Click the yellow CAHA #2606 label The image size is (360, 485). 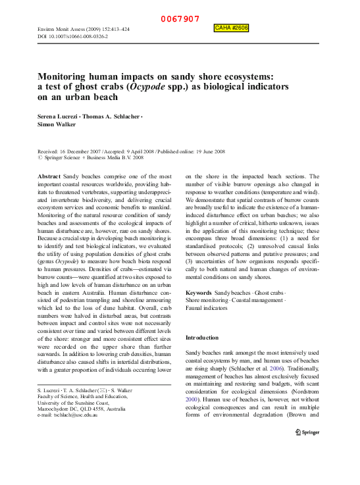pos(231,28)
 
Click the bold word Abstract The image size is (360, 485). pos(49,177)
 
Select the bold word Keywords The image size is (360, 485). pos(198,292)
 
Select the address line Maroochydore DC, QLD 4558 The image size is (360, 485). pos(80,408)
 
